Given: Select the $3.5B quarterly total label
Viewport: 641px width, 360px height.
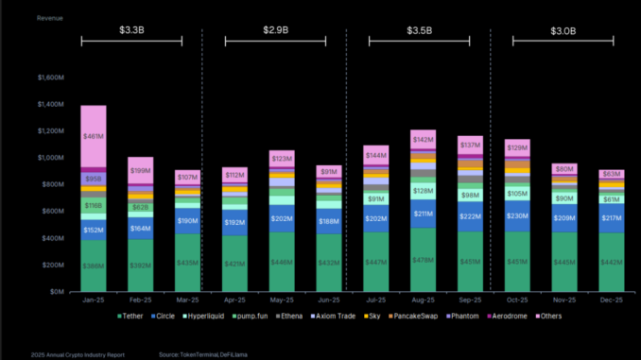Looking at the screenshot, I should pyautogui.click(x=418, y=30).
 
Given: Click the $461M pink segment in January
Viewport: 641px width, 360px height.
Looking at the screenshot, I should pyautogui.click(x=93, y=136).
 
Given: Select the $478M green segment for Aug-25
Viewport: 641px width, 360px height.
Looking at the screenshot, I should pyautogui.click(x=423, y=260).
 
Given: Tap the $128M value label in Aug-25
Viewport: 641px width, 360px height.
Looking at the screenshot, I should pyautogui.click(x=423, y=190).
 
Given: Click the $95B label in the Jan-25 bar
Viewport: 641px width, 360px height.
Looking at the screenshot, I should pyautogui.click(x=93, y=178).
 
